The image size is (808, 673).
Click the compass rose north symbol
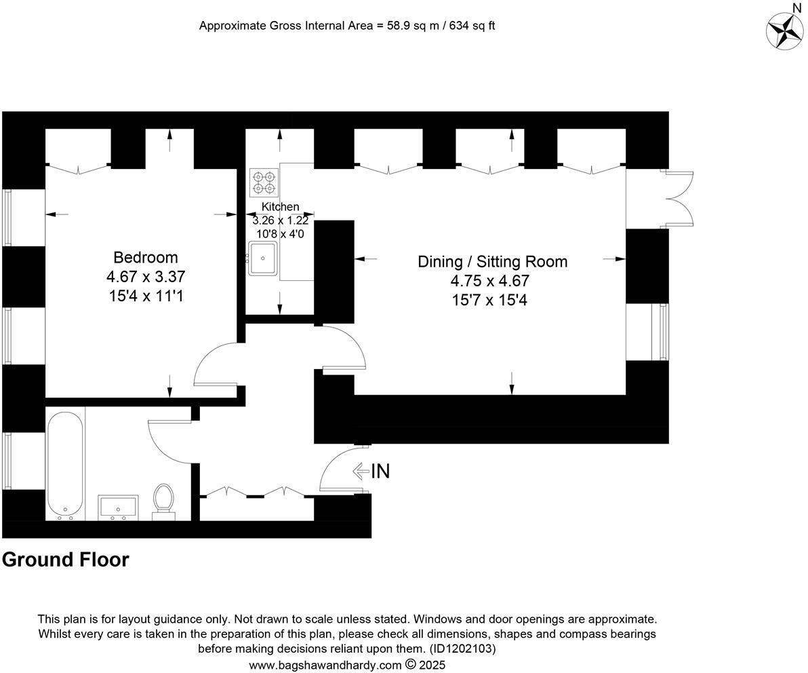(x=785, y=30)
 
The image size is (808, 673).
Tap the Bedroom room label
(x=146, y=258)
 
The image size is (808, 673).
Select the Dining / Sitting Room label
(x=492, y=262)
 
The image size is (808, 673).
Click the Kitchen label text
(x=280, y=207)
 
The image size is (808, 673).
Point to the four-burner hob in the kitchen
(x=263, y=182)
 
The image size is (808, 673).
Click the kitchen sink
(x=262, y=258)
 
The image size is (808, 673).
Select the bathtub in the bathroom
(x=65, y=465)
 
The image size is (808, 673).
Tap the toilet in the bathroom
(x=163, y=501)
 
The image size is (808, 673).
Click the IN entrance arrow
(x=371, y=471)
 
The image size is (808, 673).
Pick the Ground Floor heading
(x=65, y=560)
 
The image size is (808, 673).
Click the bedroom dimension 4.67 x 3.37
(x=146, y=277)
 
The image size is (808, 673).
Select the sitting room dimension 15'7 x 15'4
(x=489, y=300)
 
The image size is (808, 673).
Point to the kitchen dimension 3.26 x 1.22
(x=280, y=220)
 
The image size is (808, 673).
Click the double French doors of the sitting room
(x=678, y=199)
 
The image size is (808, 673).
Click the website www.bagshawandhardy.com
(x=325, y=665)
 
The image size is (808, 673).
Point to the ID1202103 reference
(x=462, y=649)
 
